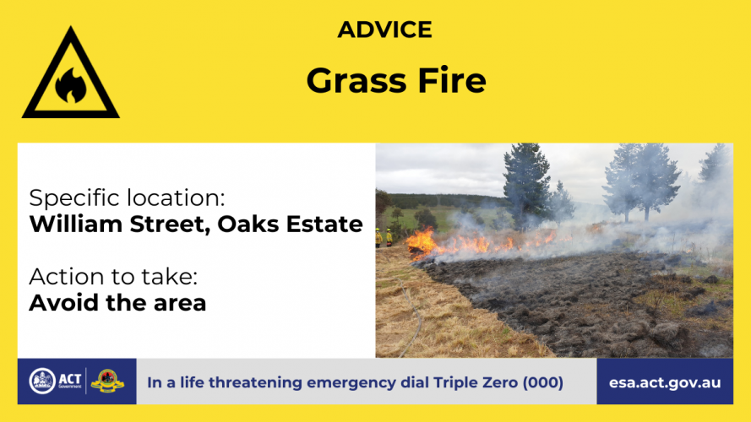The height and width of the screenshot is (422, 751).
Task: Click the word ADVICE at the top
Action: click(x=384, y=30)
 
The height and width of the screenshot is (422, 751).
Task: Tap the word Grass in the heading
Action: click(x=356, y=80)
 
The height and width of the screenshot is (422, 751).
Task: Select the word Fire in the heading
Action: click(x=452, y=80)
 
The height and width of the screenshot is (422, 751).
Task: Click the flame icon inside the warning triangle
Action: click(x=71, y=85)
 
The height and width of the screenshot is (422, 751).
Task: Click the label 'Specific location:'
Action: click(x=127, y=198)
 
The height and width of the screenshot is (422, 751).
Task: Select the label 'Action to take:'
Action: click(x=113, y=277)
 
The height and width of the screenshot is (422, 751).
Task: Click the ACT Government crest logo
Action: click(x=42, y=381)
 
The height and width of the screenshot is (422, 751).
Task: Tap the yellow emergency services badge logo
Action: click(x=107, y=381)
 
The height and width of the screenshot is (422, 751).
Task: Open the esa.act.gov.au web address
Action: click(x=665, y=383)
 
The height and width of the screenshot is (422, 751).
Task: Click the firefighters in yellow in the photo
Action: click(x=384, y=237)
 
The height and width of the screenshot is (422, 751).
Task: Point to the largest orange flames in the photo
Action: click(x=421, y=241)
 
